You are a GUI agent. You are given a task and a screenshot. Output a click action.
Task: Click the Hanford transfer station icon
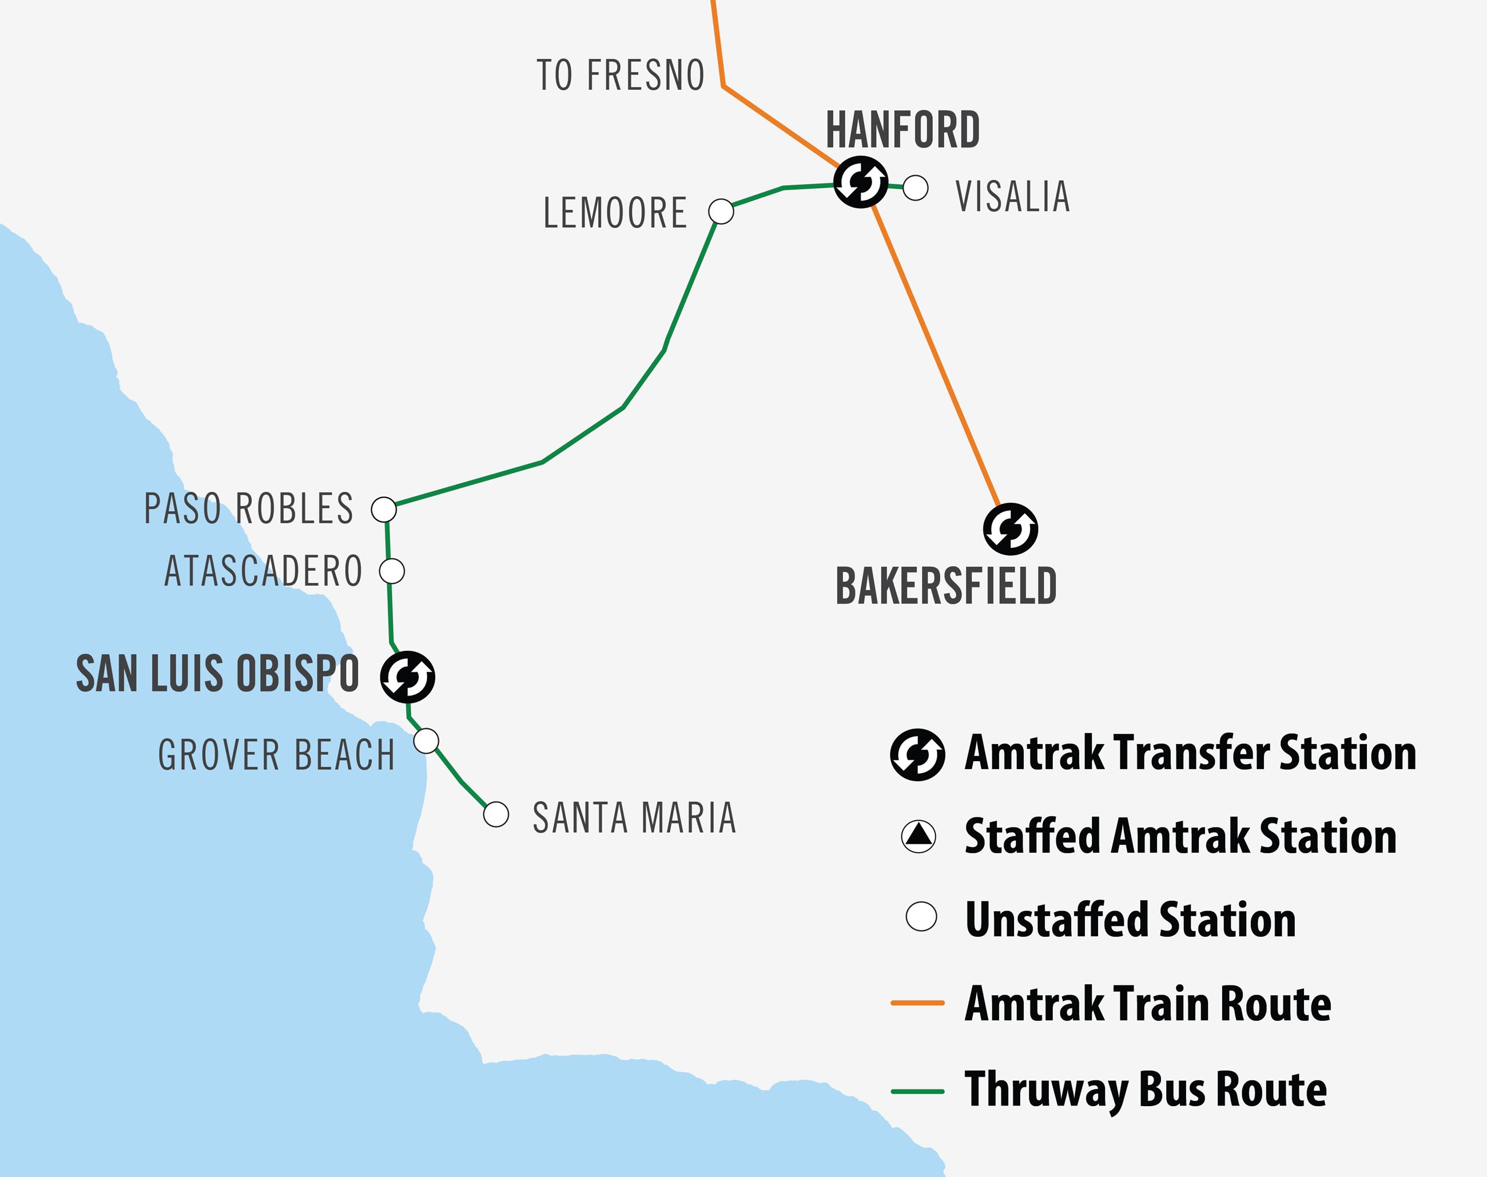click(861, 182)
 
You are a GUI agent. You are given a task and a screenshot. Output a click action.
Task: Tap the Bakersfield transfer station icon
click(1010, 529)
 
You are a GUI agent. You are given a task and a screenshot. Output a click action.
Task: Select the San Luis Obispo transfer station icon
click(407, 677)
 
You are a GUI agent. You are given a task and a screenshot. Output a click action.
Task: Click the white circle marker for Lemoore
click(721, 212)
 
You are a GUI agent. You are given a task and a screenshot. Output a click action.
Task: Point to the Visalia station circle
click(915, 188)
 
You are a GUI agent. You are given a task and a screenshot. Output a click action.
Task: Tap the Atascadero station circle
click(392, 571)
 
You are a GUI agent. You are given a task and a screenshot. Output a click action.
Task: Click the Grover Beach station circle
click(426, 741)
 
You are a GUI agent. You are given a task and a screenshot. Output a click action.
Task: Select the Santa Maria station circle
click(496, 814)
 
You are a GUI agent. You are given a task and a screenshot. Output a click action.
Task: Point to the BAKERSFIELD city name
click(946, 586)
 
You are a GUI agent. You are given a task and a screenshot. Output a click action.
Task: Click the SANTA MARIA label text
click(634, 818)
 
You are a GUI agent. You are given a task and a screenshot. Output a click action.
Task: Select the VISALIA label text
click(1012, 197)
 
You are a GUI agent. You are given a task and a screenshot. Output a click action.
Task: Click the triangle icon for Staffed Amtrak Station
click(919, 837)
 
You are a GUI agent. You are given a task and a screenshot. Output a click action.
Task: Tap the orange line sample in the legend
click(917, 1003)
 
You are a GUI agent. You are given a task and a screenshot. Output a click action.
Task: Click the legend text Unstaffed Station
click(1130, 920)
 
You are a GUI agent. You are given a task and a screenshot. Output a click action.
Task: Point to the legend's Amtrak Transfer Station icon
click(917, 754)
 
